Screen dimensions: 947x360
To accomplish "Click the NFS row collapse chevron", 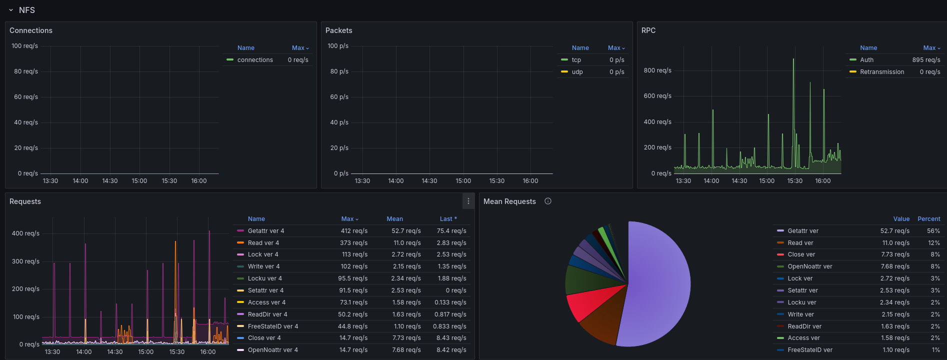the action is [11, 10].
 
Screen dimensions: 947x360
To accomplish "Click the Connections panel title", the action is [31, 30].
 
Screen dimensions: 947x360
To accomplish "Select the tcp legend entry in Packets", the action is [576, 60].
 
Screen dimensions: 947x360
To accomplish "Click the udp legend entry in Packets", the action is [577, 72].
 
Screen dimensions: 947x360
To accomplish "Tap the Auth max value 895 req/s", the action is [926, 60].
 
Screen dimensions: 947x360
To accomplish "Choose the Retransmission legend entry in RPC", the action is [882, 72].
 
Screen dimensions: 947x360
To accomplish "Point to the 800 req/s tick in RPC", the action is [657, 70].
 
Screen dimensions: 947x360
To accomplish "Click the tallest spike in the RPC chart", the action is [793, 60].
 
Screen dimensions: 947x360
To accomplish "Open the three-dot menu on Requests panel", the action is [468, 201].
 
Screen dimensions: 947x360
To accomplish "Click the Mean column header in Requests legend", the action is [394, 219].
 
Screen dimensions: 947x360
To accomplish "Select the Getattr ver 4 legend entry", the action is [266, 231].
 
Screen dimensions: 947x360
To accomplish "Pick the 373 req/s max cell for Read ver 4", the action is [353, 243].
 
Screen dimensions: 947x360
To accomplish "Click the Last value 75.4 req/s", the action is [451, 231].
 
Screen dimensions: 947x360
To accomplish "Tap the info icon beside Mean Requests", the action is [548, 201].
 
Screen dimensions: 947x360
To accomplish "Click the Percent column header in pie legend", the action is [929, 219].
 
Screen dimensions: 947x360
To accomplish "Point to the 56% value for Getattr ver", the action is [933, 231].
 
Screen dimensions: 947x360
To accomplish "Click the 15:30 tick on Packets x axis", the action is [497, 181].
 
